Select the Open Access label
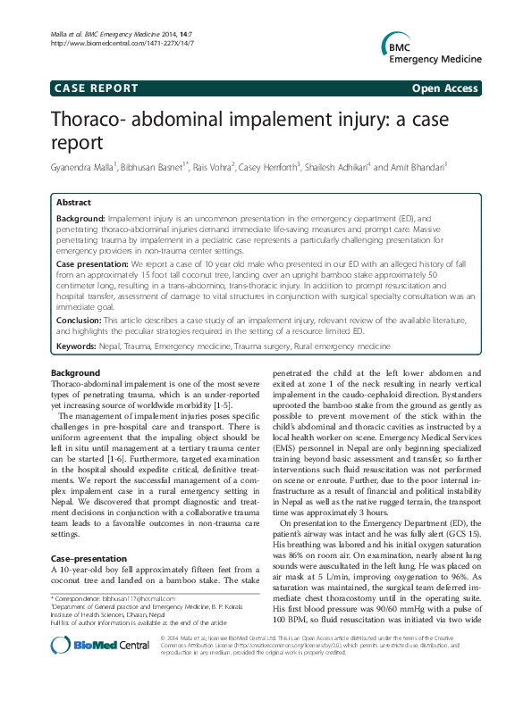[x=445, y=88]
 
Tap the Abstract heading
[x=74, y=203]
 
